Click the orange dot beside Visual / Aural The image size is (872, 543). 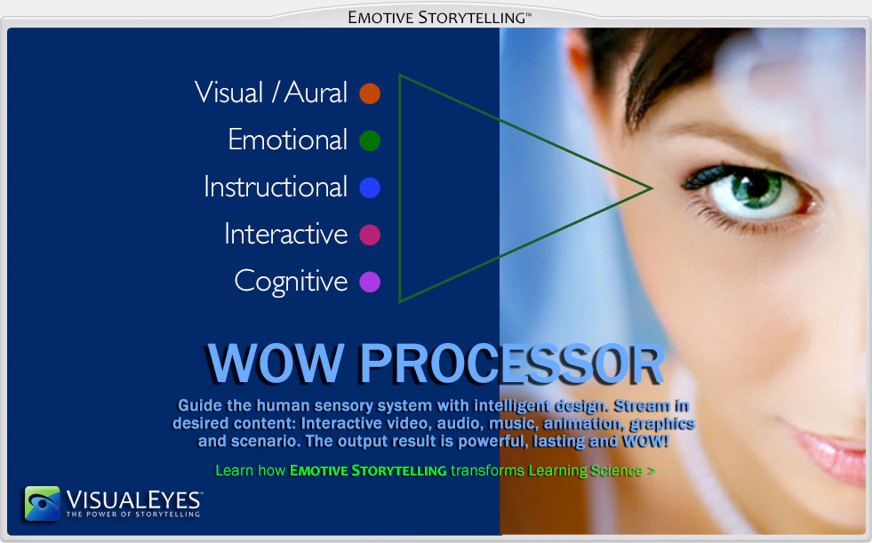[x=370, y=93]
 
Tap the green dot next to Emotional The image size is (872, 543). [x=370, y=140]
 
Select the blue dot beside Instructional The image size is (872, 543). [x=370, y=188]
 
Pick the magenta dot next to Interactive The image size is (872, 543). [x=370, y=235]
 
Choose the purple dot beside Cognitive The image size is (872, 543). [x=370, y=282]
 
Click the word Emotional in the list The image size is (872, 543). [x=287, y=140]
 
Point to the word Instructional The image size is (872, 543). [x=276, y=187]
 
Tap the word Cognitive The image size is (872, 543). [x=291, y=282]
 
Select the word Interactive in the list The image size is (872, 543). [x=286, y=234]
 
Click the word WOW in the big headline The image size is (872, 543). [x=276, y=363]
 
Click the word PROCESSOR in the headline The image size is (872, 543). [x=512, y=363]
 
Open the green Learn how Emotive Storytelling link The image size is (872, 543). [x=436, y=471]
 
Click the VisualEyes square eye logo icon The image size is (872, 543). [x=43, y=504]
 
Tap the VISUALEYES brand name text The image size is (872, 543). [x=133, y=500]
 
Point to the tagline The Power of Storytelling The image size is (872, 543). [x=133, y=515]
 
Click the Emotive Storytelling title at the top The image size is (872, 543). [x=439, y=18]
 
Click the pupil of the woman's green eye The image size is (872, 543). [x=756, y=187]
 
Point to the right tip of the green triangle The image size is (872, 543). [x=652, y=188]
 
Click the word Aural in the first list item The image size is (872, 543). [x=316, y=92]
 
